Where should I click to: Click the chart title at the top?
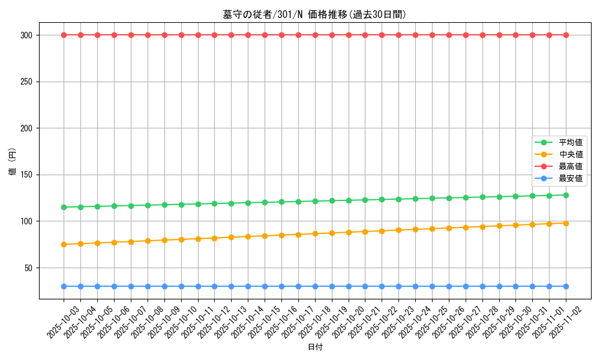[314, 14]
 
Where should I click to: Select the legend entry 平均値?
[570, 143]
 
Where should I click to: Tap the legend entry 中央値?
[570, 155]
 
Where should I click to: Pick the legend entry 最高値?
[570, 167]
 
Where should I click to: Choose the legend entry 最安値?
[570, 179]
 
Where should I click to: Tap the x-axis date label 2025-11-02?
[566, 322]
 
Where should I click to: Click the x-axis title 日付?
[314, 347]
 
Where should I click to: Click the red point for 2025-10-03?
[64, 35]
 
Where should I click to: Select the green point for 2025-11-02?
[566, 195]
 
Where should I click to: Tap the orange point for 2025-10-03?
[64, 244]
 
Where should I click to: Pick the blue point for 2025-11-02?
[566, 286]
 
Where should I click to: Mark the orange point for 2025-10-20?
[349, 232]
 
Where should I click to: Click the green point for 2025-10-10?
[181, 205]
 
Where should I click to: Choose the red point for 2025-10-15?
[265, 35]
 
